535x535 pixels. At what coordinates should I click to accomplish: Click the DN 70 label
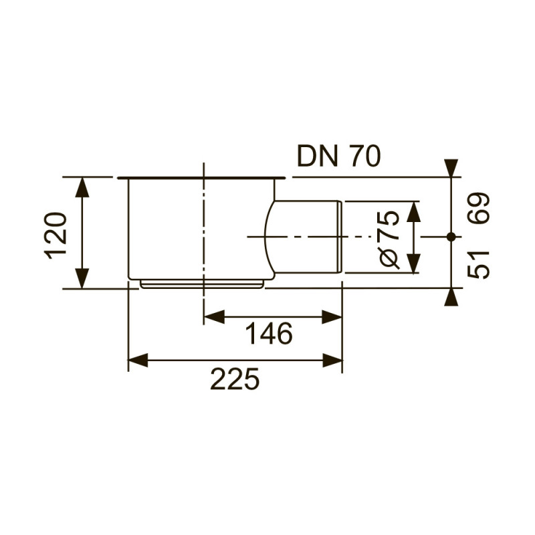339,156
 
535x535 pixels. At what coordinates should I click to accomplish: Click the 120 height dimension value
56,233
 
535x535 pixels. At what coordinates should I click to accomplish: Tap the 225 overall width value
235,379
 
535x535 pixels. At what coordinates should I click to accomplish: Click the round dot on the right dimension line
451,236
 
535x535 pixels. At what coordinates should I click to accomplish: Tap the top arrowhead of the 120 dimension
82,187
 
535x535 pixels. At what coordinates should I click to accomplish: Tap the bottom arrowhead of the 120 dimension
82,278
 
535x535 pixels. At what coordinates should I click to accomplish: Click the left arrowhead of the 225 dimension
137,361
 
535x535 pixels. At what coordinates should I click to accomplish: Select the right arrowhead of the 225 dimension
332,361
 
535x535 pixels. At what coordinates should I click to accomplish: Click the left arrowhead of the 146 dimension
213,317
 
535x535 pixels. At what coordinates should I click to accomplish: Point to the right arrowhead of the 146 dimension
332,317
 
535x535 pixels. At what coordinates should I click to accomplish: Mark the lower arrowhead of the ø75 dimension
414,263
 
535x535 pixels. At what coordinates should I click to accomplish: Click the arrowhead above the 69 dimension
451,168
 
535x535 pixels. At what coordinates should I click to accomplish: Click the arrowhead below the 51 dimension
451,297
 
